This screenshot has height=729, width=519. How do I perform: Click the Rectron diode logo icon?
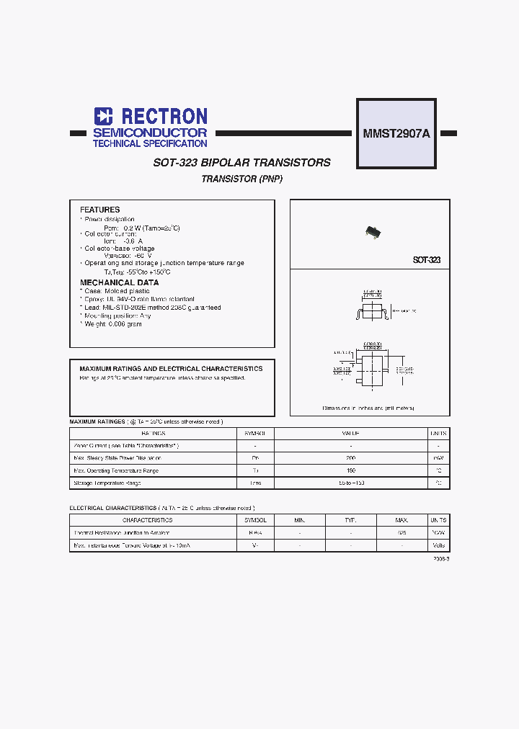click(x=104, y=117)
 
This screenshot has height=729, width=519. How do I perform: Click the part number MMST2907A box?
click(x=396, y=133)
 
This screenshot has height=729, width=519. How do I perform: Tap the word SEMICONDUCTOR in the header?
click(x=150, y=133)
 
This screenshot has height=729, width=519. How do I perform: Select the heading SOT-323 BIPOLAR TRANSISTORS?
click(x=242, y=163)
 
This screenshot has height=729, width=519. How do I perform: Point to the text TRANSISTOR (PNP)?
click(x=242, y=179)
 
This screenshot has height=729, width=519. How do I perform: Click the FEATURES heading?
click(x=99, y=210)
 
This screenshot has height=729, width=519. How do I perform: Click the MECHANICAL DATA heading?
click(x=119, y=283)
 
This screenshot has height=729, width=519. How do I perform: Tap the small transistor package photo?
click(x=372, y=231)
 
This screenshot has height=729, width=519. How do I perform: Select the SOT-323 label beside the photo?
click(x=427, y=260)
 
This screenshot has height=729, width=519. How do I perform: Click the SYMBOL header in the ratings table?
click(x=255, y=434)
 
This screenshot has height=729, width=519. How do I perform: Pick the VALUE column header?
click(x=350, y=434)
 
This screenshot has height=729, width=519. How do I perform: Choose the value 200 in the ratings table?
click(x=350, y=458)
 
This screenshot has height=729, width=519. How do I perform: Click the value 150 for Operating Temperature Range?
click(x=350, y=470)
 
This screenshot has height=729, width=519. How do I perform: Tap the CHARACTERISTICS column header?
click(x=147, y=520)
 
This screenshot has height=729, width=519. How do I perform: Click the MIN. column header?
click(x=300, y=520)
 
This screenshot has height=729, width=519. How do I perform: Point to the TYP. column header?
click(x=350, y=520)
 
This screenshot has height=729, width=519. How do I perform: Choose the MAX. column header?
click(x=402, y=520)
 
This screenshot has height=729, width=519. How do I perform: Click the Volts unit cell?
click(x=438, y=545)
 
